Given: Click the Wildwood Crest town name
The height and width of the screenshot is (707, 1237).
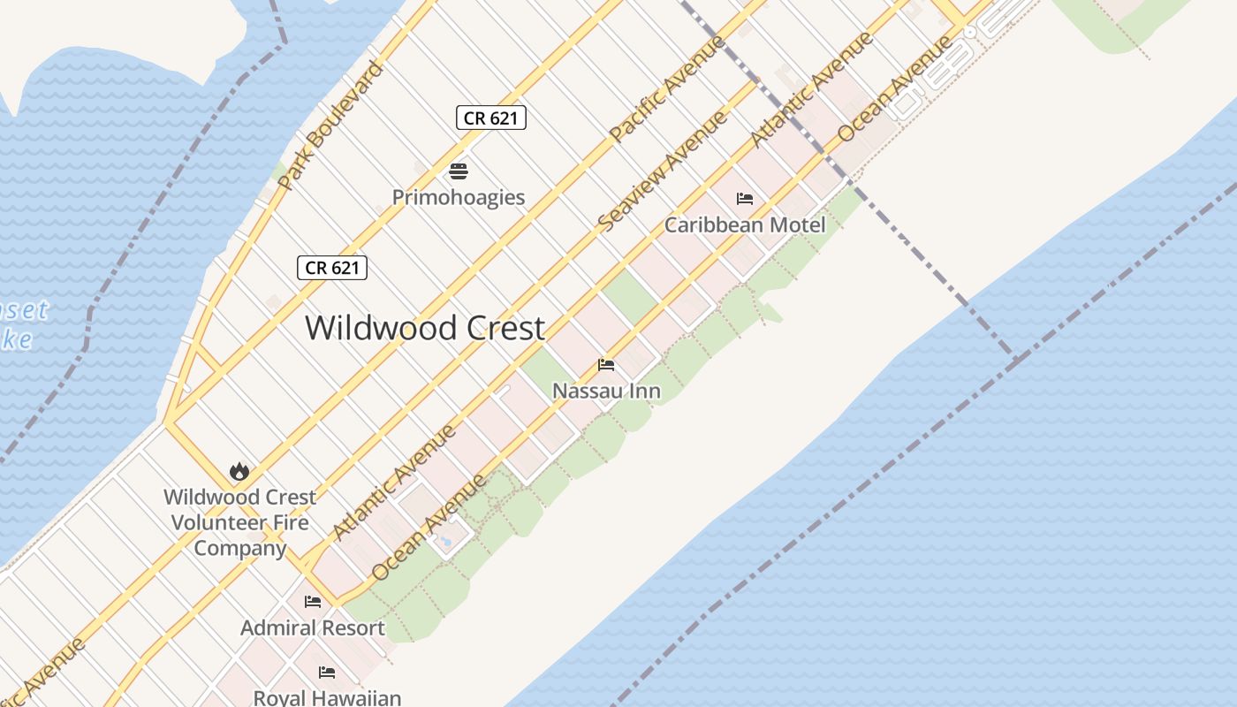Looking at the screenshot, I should coord(425,328).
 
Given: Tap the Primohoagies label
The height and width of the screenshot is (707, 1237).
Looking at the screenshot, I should coord(459,197).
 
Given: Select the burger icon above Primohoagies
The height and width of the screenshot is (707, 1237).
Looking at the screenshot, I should coord(459,171).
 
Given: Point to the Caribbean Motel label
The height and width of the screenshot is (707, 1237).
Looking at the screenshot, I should coord(745,224).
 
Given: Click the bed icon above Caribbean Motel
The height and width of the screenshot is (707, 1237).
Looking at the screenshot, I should coord(745,199).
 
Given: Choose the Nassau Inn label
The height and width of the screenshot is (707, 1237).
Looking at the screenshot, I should coord(606,390).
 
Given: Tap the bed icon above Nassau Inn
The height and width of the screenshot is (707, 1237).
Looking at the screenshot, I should coord(606,364).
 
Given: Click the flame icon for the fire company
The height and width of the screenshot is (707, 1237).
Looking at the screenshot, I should coord(239,471).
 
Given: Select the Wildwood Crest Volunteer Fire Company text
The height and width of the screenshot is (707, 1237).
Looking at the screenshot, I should coord(239,522).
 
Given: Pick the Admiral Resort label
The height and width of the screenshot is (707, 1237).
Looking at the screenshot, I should coord(313,627).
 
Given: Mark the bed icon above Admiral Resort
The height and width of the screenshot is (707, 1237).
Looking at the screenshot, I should coord(313,602).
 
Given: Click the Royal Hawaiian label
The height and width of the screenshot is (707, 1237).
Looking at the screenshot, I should coord(327,697).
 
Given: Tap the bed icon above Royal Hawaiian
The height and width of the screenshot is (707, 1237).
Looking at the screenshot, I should coord(327,673).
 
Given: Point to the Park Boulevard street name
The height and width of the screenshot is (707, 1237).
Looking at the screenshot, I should coord(330,125).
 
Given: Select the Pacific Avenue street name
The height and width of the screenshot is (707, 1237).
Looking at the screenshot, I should coord(667,87).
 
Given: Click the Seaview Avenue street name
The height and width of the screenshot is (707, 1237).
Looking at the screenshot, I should coord(662,171).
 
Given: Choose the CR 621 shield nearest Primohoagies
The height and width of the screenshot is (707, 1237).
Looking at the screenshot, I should coord(491,118).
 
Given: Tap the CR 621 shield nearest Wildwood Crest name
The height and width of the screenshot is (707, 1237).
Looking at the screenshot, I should coord(332,268).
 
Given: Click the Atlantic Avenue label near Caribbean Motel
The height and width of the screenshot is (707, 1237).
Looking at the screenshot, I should coord(811,89).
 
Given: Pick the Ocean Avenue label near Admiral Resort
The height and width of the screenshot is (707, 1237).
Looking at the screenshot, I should coord(429,528).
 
